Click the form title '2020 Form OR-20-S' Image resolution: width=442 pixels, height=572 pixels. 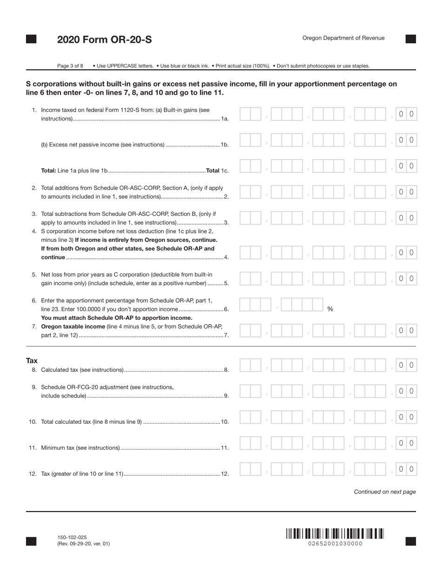[x=104, y=40]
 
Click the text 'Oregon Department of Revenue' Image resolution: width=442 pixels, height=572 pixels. [x=343, y=38]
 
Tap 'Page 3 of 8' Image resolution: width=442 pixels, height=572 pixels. [x=70, y=66]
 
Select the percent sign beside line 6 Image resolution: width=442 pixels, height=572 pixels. [x=330, y=309]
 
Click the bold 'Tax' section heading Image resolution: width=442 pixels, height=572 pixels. [x=32, y=361]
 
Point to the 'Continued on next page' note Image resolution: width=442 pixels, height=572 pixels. [x=385, y=492]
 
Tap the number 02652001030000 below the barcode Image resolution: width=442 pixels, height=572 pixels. [x=335, y=544]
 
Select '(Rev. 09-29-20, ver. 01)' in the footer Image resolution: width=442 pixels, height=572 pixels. [x=84, y=544]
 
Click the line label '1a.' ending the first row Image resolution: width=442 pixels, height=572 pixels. [x=225, y=119]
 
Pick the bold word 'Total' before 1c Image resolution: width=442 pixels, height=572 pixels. [x=213, y=171]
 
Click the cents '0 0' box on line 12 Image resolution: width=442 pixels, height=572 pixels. [x=406, y=469]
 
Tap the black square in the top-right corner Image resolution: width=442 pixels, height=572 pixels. [x=411, y=39]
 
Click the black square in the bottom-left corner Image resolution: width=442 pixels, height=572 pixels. [x=31, y=541]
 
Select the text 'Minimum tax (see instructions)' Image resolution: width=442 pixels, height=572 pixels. [x=80, y=448]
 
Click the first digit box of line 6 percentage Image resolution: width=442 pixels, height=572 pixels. [x=245, y=305]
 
